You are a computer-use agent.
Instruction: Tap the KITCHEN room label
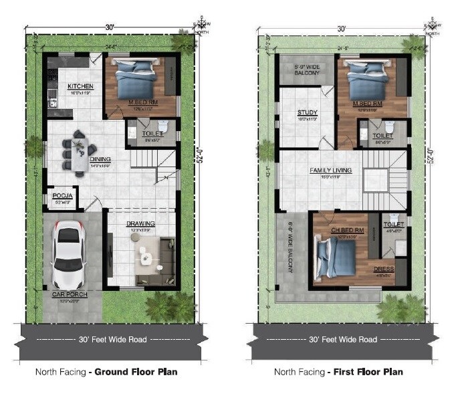click(x=80, y=87)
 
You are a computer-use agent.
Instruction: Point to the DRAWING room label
click(x=140, y=223)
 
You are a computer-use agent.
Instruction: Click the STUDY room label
click(x=308, y=112)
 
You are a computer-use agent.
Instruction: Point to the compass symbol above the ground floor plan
click(x=199, y=24)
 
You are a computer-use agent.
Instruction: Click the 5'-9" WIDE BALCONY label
click(x=303, y=68)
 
